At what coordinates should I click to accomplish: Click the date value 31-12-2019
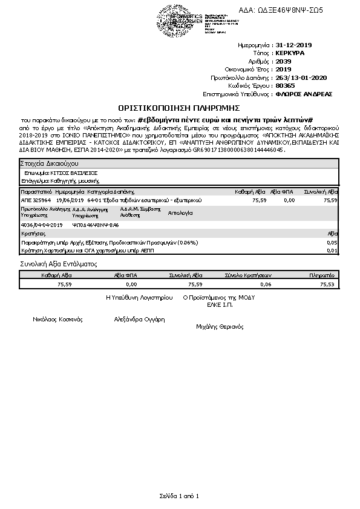293,45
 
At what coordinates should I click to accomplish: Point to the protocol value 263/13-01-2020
301,77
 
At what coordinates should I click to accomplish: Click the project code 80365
283,85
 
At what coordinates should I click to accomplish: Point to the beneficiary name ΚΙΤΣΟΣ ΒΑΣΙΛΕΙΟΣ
74,172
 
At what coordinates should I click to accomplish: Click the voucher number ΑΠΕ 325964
36,199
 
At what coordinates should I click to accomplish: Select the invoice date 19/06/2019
69,199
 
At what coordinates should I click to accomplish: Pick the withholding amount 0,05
332,242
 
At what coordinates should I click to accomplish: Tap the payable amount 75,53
327,283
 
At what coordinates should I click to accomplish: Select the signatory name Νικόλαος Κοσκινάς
57,319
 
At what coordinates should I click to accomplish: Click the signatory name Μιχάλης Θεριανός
220,326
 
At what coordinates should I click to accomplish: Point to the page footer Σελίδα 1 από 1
180,496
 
